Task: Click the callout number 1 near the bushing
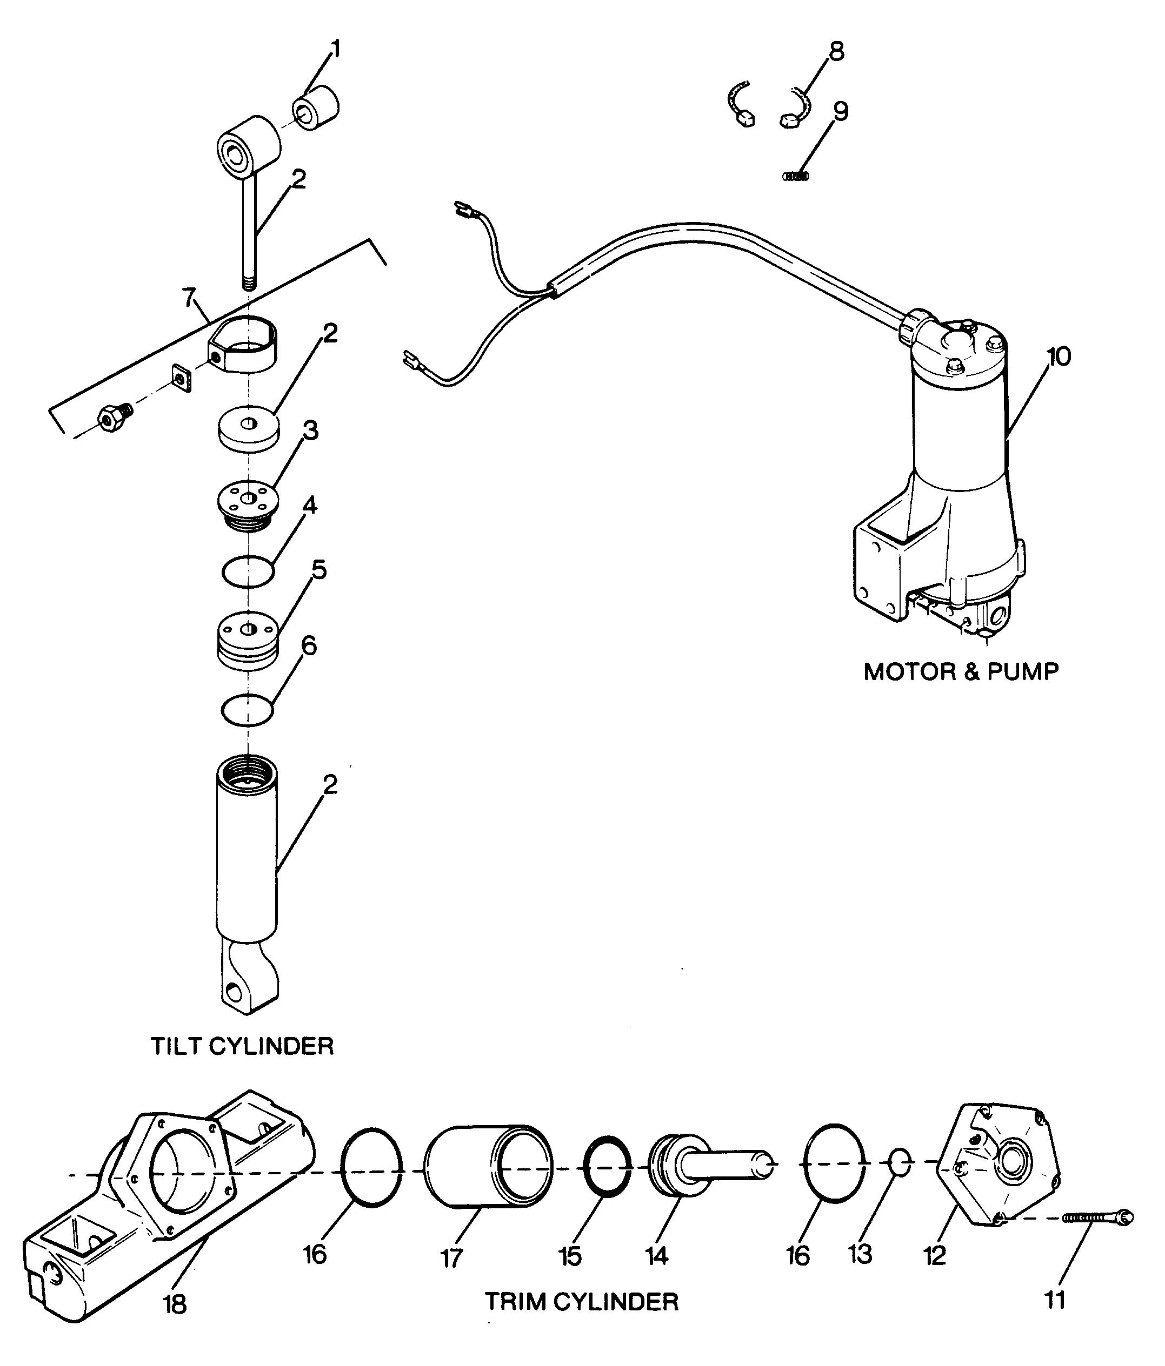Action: pos(336,50)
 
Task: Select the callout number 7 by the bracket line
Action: pos(189,299)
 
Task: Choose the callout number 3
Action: pos(310,431)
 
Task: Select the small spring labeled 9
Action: pos(796,176)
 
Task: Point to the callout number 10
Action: pos(1059,356)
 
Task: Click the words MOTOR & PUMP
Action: pos(961,672)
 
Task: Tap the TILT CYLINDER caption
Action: pos(242,1046)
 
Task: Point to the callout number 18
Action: pos(175,1303)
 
